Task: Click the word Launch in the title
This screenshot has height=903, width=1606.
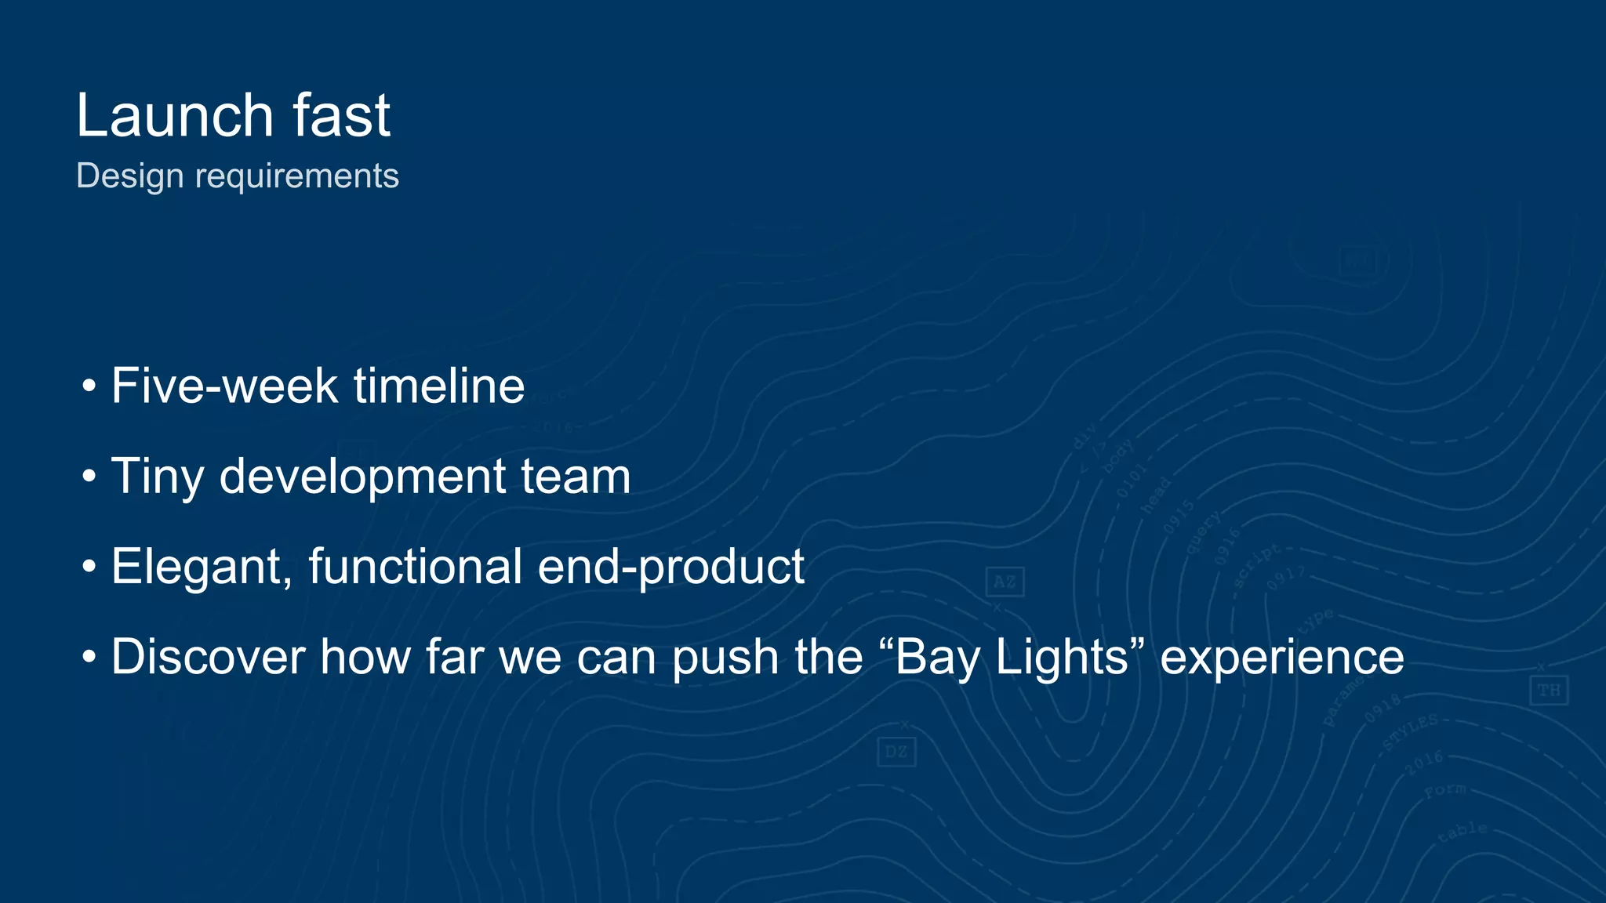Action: coord(175,116)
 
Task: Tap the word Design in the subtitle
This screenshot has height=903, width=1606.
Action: coord(130,176)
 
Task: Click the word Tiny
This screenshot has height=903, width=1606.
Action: coord(158,477)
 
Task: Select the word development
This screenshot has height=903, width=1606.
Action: coord(363,477)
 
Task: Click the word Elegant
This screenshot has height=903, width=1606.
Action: coord(202,567)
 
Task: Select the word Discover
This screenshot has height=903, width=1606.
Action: coord(208,657)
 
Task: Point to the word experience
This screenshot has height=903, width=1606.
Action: coord(1282,657)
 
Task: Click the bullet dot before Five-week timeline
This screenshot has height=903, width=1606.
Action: coord(89,386)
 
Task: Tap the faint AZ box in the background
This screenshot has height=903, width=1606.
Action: coord(1005,582)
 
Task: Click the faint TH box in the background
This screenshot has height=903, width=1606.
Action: coord(1549,690)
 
